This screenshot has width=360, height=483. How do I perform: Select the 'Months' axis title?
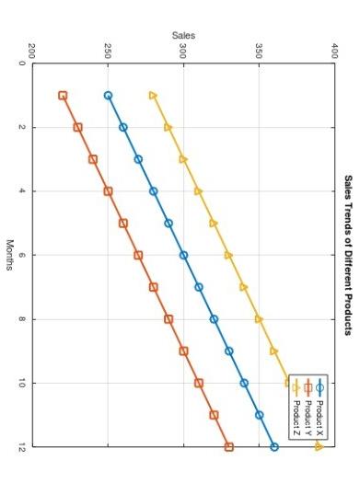pyautogui.click(x=9, y=255)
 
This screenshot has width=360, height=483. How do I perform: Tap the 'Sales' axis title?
pyautogui.click(x=183, y=35)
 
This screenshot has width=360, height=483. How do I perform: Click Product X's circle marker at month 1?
pyautogui.click(x=109, y=96)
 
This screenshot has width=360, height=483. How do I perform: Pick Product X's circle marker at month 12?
pyautogui.click(x=274, y=447)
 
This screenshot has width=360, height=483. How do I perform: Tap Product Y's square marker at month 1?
pyautogui.click(x=63, y=96)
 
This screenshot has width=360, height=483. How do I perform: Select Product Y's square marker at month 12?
pyautogui.click(x=229, y=447)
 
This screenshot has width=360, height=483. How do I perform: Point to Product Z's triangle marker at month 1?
pyautogui.click(x=153, y=95)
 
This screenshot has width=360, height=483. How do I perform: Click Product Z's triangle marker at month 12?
pyautogui.click(x=319, y=447)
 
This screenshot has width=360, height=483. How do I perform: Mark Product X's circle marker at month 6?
pyautogui.click(x=184, y=255)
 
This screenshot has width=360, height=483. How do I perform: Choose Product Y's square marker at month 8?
pyautogui.click(x=168, y=319)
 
